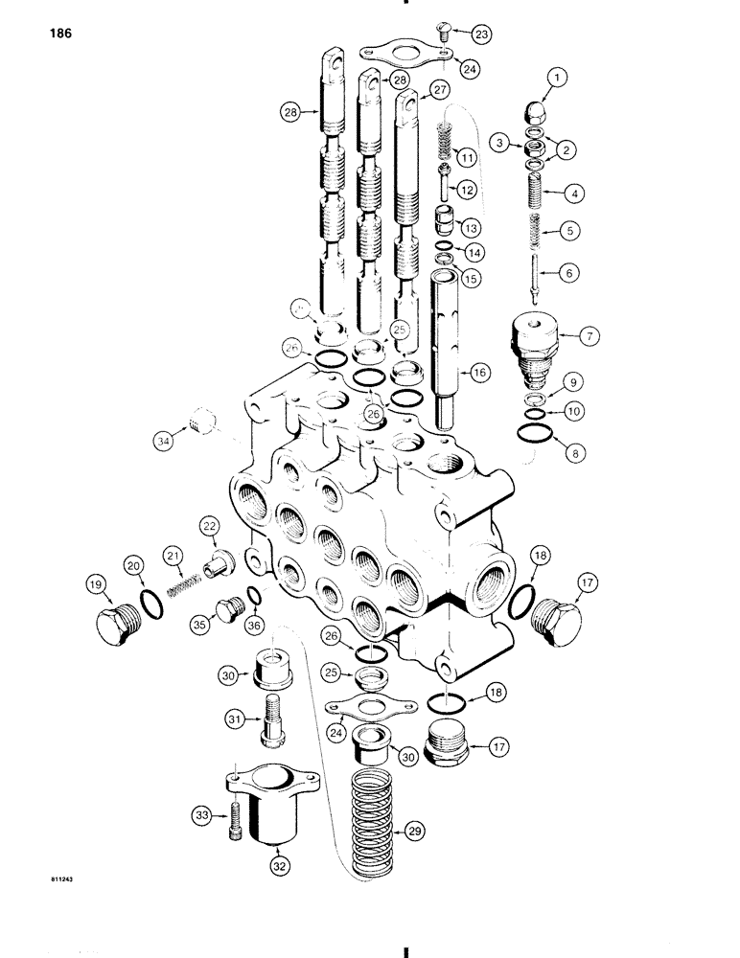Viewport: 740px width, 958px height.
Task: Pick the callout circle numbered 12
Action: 468,191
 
